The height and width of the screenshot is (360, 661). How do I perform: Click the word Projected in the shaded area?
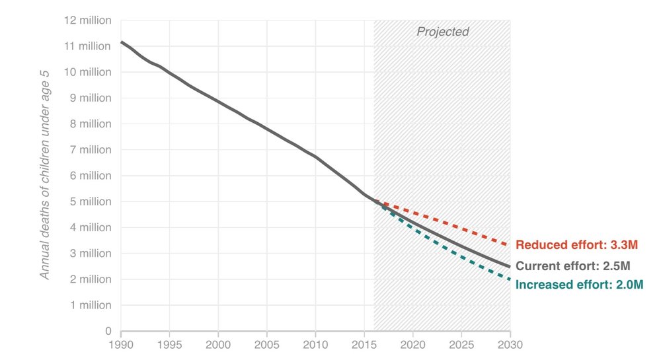pyautogui.click(x=442, y=32)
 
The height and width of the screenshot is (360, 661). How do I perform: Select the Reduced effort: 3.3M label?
pyautogui.click(x=576, y=244)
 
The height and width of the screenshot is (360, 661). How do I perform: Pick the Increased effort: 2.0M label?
pyautogui.click(x=579, y=285)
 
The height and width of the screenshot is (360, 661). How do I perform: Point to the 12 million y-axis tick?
pyautogui.click(x=87, y=20)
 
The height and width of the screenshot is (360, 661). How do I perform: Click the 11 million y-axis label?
pyautogui.click(x=87, y=46)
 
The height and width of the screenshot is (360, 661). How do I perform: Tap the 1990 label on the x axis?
pyautogui.click(x=121, y=344)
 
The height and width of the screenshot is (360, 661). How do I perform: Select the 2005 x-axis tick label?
pyautogui.click(x=267, y=344)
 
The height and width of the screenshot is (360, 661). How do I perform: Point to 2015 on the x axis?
pyautogui.click(x=364, y=344)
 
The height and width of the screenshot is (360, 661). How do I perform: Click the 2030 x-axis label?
pyautogui.click(x=510, y=344)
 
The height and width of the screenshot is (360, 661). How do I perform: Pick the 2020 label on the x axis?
pyautogui.click(x=412, y=344)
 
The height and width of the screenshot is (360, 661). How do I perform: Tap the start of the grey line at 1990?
pyautogui.click(x=121, y=42)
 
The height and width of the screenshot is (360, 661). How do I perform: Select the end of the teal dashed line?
pyautogui.click(x=510, y=279)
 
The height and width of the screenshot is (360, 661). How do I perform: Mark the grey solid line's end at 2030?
pyautogui.click(x=510, y=266)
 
